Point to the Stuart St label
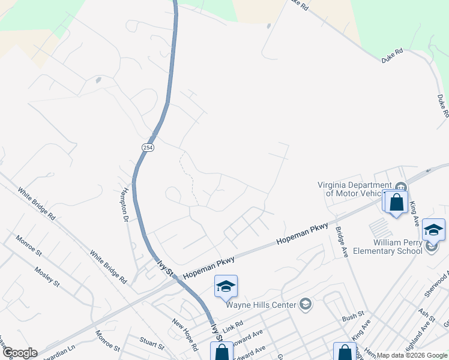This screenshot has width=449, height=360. [152, 346]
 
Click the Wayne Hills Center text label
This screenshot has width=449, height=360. [261, 305]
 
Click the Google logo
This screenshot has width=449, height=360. [19, 353]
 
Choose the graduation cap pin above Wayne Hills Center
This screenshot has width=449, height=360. [226, 286]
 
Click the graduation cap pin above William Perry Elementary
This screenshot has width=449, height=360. [433, 230]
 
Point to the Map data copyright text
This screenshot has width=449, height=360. [412, 355]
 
